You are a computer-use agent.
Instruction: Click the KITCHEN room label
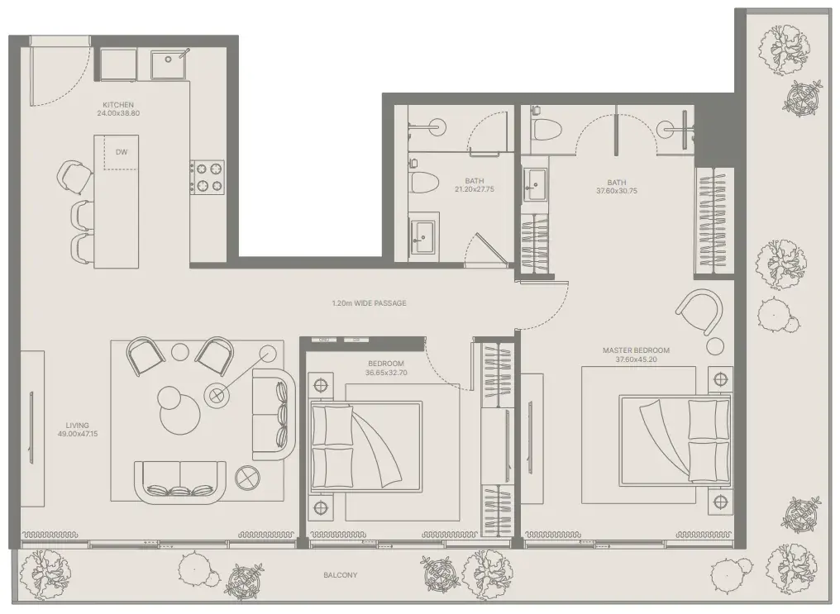(118, 105)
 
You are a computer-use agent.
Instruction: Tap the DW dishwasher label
(122, 152)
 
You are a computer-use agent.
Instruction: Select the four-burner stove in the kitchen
(207, 177)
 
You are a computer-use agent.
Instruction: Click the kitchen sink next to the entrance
(169, 64)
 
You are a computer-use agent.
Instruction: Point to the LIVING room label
(78, 426)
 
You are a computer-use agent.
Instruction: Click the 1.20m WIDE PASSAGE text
(369, 303)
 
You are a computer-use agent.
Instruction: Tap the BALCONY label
(340, 575)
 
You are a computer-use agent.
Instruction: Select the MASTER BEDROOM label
(636, 350)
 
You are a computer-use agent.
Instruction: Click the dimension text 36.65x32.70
(386, 373)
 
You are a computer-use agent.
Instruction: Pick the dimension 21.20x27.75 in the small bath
(475, 189)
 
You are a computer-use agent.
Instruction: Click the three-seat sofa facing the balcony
(180, 482)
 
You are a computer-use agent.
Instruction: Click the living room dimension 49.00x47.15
(78, 434)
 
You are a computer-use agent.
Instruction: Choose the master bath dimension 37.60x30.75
(617, 191)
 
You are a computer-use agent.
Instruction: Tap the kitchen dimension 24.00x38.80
(118, 113)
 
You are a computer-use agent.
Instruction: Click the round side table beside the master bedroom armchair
(714, 346)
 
